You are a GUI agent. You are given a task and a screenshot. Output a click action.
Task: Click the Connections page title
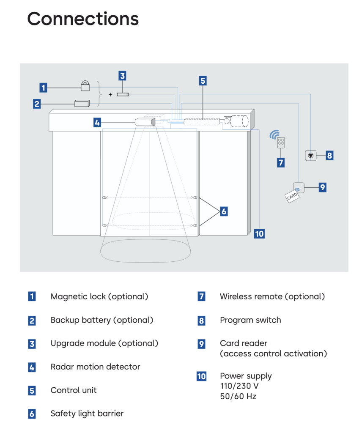[83, 19]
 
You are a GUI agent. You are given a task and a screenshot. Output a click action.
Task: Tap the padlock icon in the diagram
[85, 86]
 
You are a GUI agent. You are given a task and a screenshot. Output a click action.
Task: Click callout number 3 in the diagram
[122, 76]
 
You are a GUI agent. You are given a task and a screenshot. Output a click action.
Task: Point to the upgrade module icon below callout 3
[123, 94]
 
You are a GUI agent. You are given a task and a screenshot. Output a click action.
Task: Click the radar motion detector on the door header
[145, 122]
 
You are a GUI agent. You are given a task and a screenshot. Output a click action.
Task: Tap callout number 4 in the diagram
[97, 123]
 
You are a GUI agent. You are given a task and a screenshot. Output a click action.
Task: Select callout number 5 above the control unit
[203, 81]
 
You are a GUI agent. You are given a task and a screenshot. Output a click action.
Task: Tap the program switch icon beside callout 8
[311, 155]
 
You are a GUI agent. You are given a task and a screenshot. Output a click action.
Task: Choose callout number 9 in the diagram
[323, 187]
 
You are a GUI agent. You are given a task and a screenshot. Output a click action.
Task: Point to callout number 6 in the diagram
[224, 211]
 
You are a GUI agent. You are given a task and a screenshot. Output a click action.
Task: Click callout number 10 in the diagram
[259, 233]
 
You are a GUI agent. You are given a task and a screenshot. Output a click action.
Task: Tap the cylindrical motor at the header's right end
[238, 121]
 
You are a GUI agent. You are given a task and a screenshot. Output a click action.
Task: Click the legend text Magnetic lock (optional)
[99, 296]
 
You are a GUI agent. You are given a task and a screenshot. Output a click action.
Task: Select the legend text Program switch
[250, 320]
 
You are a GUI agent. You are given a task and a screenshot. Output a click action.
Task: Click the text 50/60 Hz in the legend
[238, 396]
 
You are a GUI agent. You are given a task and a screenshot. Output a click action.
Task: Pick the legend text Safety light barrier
[87, 414]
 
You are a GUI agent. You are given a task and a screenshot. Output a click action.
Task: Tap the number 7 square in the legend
[201, 297]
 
